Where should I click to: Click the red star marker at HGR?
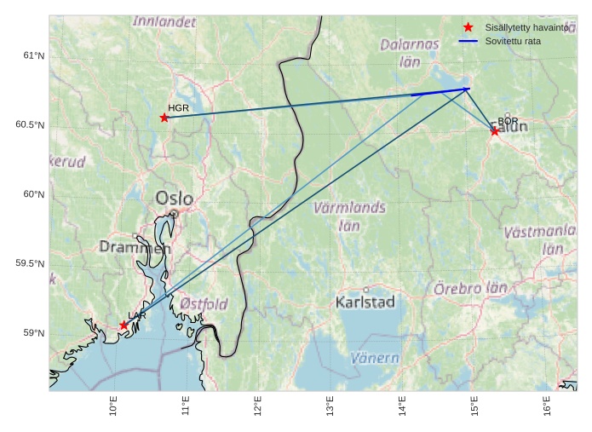[x=164, y=118]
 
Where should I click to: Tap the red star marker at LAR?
[x=124, y=325]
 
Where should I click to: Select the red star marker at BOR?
[x=495, y=131]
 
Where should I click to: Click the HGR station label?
[x=178, y=108]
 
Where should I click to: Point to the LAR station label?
[x=137, y=315]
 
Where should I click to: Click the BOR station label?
[x=508, y=121]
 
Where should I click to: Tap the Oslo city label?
[x=174, y=199]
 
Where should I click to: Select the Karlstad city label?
[x=365, y=302]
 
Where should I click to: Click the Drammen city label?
[x=135, y=247]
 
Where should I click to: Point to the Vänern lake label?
[x=375, y=358]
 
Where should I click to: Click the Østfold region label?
[x=204, y=303]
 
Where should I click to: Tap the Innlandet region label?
[x=164, y=21]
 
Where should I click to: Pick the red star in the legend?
[x=468, y=27]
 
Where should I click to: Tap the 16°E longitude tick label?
[x=546, y=407]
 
